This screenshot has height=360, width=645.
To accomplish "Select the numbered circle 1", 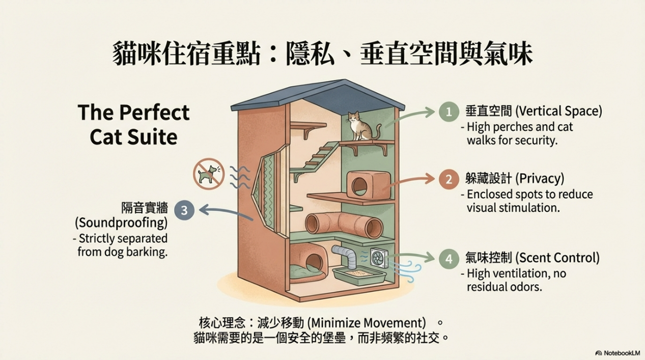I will click(x=448, y=112).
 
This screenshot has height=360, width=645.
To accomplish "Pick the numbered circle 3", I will click(x=184, y=210).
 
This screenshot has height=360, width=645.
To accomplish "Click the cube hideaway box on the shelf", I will click(x=368, y=184).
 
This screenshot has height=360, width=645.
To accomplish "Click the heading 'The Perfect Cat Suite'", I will click(x=134, y=125).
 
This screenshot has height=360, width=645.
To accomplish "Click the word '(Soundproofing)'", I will click(x=121, y=223).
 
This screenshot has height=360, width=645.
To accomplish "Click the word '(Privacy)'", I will click(x=540, y=179).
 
